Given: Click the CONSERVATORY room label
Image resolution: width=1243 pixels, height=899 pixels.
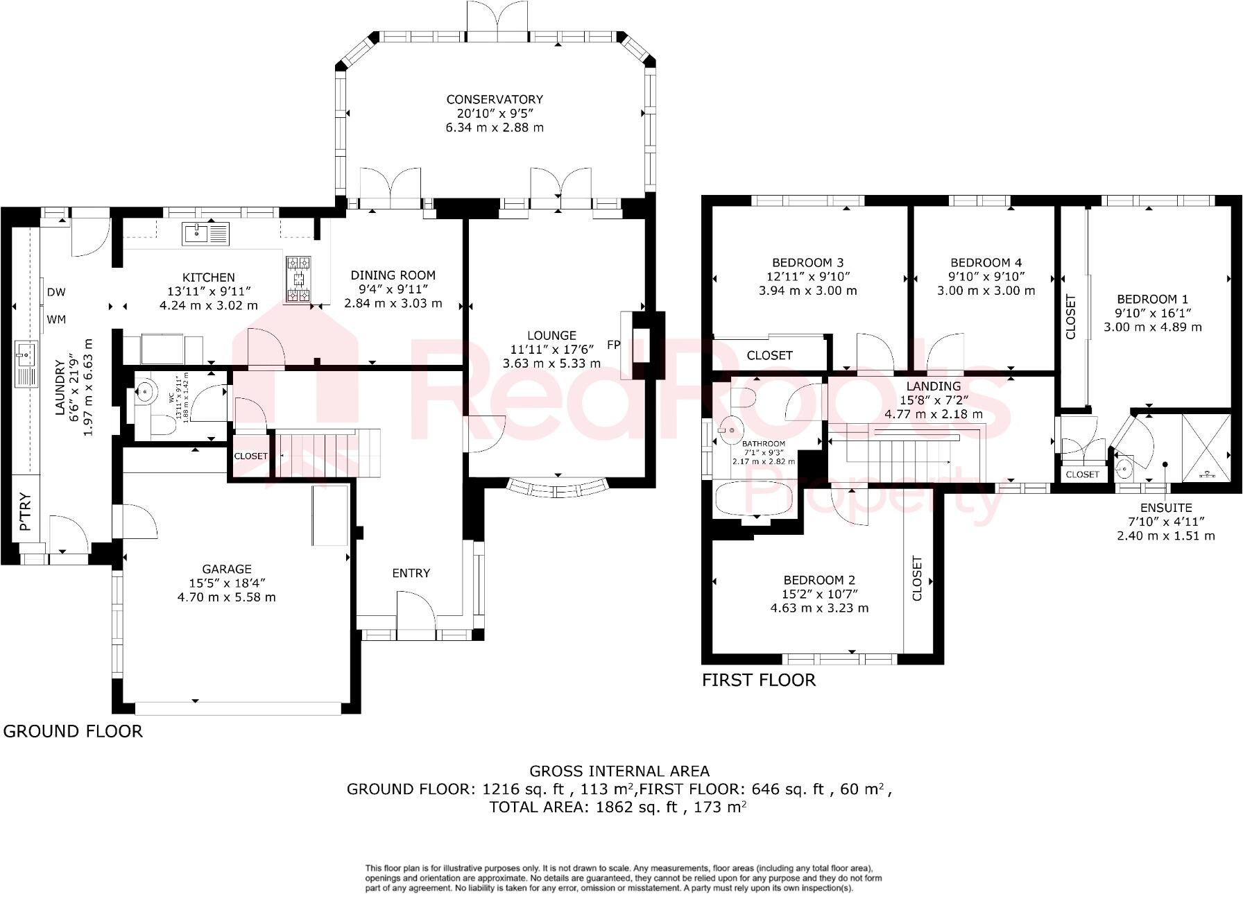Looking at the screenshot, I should [x=494, y=99].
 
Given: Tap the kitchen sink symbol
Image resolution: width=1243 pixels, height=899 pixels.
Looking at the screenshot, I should [x=205, y=233].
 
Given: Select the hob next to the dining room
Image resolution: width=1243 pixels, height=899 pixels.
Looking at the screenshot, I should [x=299, y=279].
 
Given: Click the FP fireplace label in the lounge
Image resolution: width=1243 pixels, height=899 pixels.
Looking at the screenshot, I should [x=613, y=345].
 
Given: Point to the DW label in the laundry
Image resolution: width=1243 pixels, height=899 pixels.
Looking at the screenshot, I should [x=56, y=292].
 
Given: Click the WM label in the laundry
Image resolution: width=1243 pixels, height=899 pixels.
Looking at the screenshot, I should [x=56, y=320].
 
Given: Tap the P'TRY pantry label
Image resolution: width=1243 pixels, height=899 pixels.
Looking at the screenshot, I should [x=26, y=512].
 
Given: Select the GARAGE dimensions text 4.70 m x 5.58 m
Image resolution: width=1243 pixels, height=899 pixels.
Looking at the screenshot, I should [x=227, y=597].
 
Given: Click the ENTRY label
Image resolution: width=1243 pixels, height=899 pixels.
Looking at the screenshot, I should [x=411, y=573].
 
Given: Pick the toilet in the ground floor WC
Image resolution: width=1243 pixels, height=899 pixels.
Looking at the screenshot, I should [x=162, y=425].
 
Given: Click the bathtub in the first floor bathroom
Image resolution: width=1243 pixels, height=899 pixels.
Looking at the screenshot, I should [x=753, y=500].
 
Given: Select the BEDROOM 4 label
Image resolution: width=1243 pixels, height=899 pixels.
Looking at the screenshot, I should [x=986, y=262].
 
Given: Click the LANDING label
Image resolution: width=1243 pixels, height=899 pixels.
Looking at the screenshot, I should [x=934, y=386].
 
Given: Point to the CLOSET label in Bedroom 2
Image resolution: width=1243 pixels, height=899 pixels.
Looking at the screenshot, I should [x=917, y=578].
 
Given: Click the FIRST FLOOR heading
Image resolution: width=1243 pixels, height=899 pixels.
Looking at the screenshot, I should [x=758, y=680].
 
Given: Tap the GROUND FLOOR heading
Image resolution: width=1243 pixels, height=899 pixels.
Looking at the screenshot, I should [x=73, y=731].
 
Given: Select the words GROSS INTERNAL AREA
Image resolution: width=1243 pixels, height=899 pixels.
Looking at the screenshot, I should [x=619, y=771].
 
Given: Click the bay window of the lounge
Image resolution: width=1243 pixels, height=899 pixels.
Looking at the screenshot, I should [x=558, y=487].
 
